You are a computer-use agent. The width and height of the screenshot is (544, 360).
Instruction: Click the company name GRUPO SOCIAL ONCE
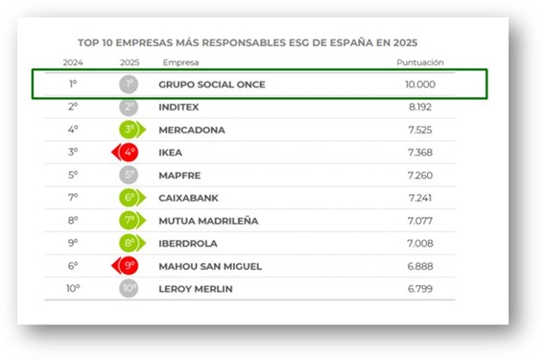click(211, 84)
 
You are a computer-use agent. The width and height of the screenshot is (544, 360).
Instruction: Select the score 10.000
click(419, 84)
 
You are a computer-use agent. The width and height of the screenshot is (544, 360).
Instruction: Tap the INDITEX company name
click(179, 107)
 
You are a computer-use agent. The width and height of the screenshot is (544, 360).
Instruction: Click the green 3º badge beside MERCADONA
click(130, 129)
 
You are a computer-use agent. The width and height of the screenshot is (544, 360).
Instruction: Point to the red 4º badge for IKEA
click(128, 152)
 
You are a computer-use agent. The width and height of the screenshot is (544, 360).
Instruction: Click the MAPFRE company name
click(178, 175)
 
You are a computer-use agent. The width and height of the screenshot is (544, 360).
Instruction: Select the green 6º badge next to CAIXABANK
click(130, 198)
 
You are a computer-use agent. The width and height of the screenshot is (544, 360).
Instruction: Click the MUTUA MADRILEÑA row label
click(207, 220)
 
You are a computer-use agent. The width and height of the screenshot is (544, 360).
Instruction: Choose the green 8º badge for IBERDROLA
click(130, 243)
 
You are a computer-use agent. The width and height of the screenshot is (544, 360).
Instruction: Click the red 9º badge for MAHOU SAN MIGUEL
click(128, 265)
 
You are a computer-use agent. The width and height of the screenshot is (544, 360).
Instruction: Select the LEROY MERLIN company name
click(196, 288)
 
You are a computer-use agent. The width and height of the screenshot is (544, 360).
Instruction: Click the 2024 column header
click(73, 62)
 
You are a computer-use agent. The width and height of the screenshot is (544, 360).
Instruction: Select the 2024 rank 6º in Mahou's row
click(73, 265)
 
